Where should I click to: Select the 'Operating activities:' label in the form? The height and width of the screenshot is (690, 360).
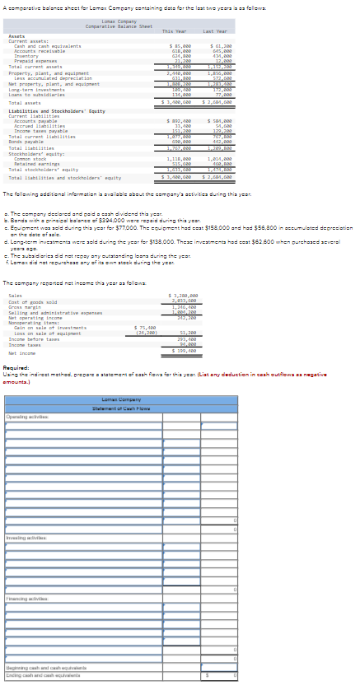[26, 417]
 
